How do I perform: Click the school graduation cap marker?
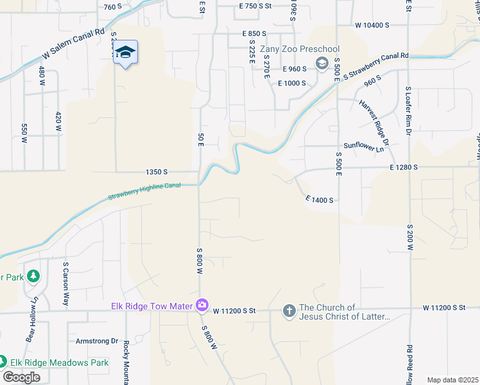click(x=126, y=52)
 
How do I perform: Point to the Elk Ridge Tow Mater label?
click(x=151, y=306)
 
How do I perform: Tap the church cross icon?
click(x=289, y=311)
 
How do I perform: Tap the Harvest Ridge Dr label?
click(x=375, y=120)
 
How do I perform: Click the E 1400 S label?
click(x=320, y=200)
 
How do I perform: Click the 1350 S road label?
click(x=157, y=172)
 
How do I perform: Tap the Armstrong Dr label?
click(x=97, y=341)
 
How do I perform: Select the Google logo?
click(x=21, y=377)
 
